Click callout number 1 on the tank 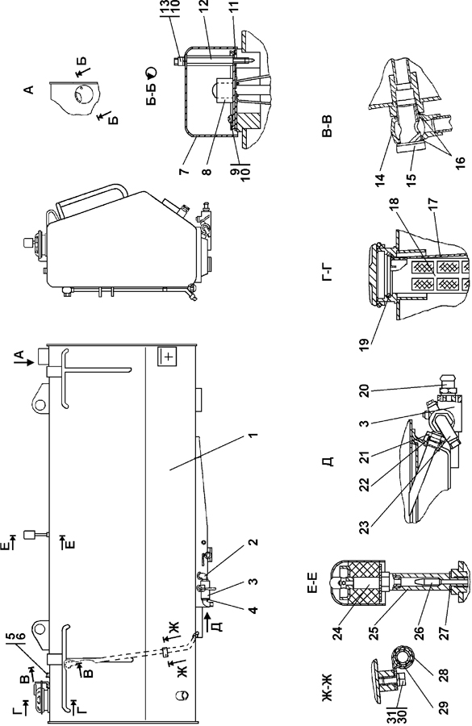pyautogui.click(x=252, y=436)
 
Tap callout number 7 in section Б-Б pyautogui.click(x=184, y=170)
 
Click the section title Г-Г pyautogui.click(x=327, y=273)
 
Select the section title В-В pyautogui.click(x=327, y=127)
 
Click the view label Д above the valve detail pyautogui.click(x=328, y=461)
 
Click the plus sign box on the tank pyautogui.click(x=168, y=357)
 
